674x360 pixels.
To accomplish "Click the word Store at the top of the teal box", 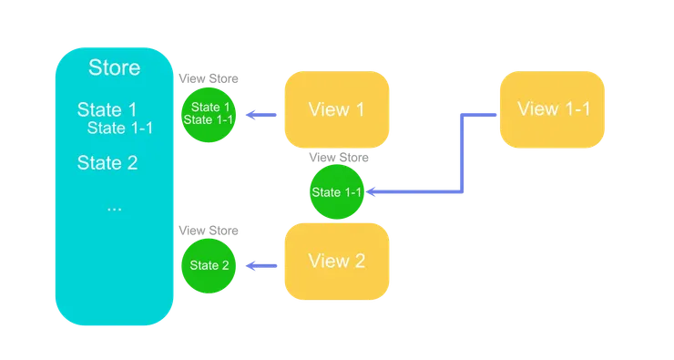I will [114, 68].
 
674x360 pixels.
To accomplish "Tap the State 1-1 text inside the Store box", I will [119, 128].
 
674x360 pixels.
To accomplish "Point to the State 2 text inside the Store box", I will [107, 163].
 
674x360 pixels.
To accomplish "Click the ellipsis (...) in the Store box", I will [114, 206].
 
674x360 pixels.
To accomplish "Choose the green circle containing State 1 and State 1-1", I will [206, 114].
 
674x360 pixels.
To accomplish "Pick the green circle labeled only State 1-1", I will [336, 192].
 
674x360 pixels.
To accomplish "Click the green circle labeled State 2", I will [209, 265].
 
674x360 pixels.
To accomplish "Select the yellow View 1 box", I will [336, 109].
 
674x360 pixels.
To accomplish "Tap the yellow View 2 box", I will [336, 262].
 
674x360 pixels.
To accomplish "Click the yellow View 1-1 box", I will [552, 109].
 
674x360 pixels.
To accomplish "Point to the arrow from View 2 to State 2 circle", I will [263, 266].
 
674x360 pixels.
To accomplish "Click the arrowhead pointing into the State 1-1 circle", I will [373, 192].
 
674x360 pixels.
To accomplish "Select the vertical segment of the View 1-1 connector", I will [462, 152].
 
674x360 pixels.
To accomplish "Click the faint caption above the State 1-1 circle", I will [338, 158].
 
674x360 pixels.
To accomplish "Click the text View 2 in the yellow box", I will [336, 262].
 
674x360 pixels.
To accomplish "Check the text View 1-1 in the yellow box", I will [553, 109].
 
